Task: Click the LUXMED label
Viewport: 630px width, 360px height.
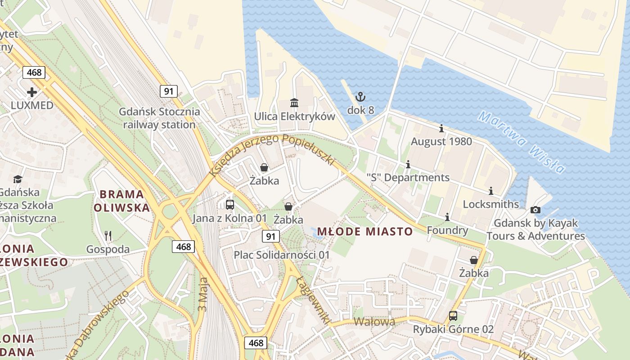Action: tap(32, 105)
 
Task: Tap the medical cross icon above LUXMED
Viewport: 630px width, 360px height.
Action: tap(32, 92)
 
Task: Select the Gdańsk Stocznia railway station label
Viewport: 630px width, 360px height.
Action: tap(159, 118)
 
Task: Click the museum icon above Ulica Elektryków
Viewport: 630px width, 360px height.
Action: tap(294, 103)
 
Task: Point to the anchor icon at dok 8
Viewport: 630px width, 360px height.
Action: tap(360, 97)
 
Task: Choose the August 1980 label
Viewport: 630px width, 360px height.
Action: tap(441, 142)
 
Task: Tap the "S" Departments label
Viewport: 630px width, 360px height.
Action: tap(408, 177)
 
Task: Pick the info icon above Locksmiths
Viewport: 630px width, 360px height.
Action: tap(491, 191)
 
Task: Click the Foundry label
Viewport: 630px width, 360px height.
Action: tap(447, 230)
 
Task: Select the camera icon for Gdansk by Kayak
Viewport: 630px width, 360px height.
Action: tap(535, 210)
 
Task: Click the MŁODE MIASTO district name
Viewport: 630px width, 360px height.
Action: tap(365, 232)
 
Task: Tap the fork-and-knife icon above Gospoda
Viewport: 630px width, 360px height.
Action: tap(108, 235)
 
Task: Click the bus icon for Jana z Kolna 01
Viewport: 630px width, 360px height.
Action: tap(230, 205)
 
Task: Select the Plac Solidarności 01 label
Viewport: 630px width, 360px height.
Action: tap(282, 255)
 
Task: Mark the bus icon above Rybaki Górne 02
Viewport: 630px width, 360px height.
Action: tap(453, 316)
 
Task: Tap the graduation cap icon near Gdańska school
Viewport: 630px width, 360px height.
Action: tap(18, 179)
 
